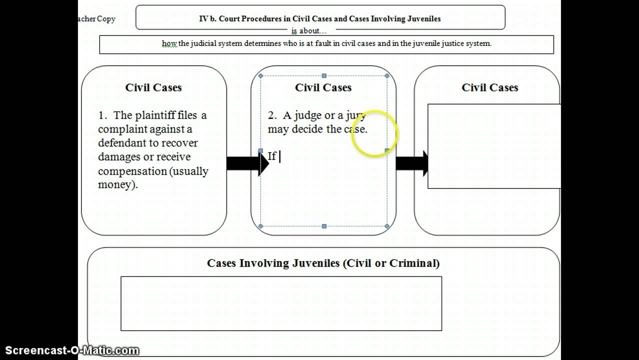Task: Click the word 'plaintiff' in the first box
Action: tap(155, 115)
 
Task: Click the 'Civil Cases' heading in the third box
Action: tap(489, 87)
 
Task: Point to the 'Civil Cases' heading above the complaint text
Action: tap(153, 87)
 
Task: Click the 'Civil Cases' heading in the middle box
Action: tap(323, 87)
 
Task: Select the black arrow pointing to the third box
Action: tap(411, 163)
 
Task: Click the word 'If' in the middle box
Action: tap(272, 156)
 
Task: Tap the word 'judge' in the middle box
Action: tap(308, 115)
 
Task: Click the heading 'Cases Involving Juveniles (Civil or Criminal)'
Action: tap(323, 263)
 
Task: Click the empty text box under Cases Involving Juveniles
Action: tap(281, 303)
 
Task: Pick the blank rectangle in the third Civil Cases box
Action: tap(494, 146)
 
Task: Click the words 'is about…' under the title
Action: tap(309, 31)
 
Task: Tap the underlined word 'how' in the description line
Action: tap(169, 43)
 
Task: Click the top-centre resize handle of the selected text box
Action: tap(324, 76)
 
